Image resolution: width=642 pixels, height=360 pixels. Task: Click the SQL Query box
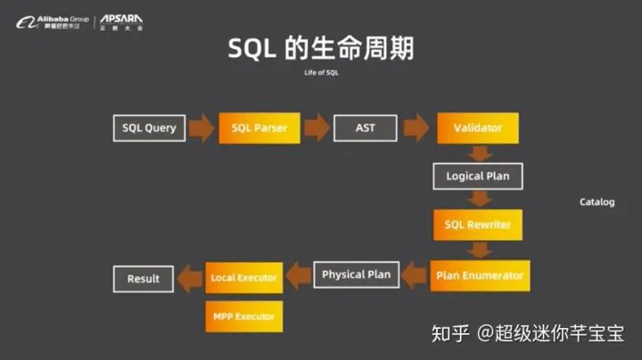[x=149, y=128]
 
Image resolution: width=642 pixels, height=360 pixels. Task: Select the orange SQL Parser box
[x=259, y=128]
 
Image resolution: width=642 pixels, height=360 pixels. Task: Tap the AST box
[x=365, y=128]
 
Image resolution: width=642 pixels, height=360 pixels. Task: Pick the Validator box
[x=478, y=128]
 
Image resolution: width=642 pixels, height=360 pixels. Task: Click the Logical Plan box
[x=478, y=176]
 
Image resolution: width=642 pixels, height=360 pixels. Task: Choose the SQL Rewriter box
[x=478, y=225]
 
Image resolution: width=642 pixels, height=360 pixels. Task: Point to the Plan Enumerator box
[x=479, y=275]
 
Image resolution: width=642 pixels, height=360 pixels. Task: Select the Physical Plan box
[x=356, y=274]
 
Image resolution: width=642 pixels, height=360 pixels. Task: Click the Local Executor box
[x=243, y=278]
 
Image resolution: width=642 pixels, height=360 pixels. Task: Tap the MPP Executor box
[x=243, y=316]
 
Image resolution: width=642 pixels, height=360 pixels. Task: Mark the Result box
[x=143, y=279]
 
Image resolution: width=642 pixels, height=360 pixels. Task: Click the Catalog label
[x=597, y=202]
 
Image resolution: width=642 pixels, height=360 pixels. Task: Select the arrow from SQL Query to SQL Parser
[x=202, y=128]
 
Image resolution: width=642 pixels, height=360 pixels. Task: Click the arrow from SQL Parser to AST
[x=317, y=128]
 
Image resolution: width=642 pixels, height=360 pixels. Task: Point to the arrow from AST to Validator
[x=416, y=128]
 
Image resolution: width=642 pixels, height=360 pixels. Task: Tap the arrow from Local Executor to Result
[x=189, y=278]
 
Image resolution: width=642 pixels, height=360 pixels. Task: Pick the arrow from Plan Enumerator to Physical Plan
[x=414, y=275]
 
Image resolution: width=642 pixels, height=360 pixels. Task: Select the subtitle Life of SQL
[x=321, y=72]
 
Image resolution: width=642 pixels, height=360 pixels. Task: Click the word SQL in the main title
[x=253, y=47]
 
